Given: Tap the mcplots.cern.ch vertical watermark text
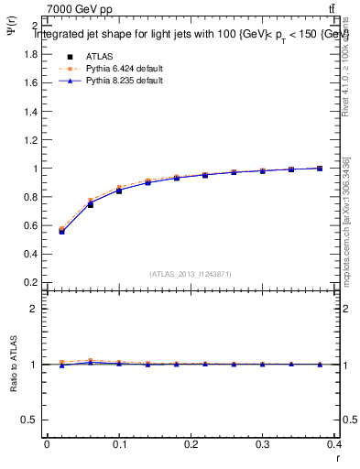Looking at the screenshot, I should click(349, 234).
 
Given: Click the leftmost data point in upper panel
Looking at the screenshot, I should click(61, 231).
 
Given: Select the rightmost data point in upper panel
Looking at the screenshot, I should click(319, 169).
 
